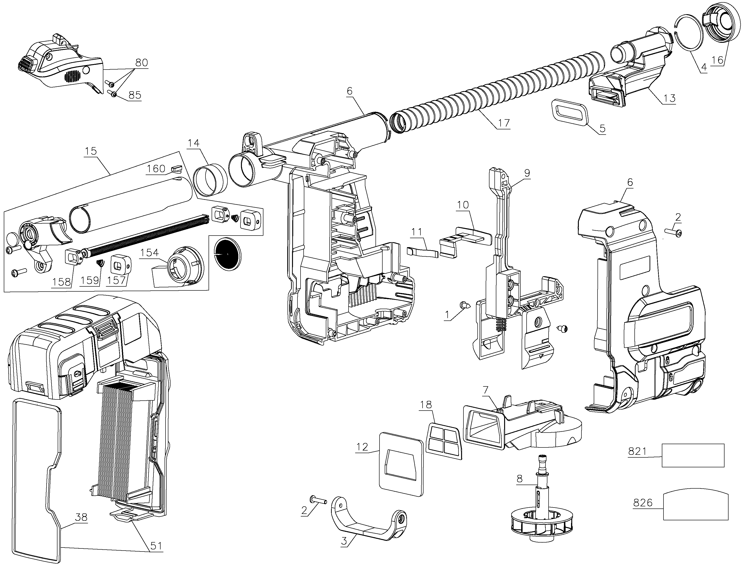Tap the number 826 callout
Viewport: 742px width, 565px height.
click(642, 503)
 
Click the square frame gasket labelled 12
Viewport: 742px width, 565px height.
click(401, 464)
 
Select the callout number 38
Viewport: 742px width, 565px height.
click(81, 517)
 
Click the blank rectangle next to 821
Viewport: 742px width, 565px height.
click(693, 455)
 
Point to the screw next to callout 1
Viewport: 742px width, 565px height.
click(464, 305)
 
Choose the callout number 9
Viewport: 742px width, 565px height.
click(527, 173)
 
